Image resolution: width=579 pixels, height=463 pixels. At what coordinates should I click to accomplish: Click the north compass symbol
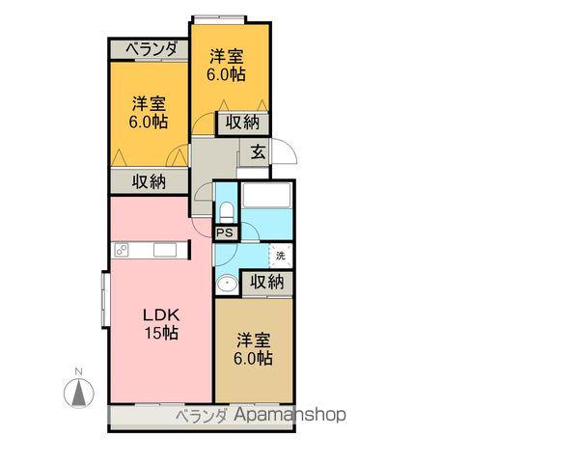click(x=78, y=391)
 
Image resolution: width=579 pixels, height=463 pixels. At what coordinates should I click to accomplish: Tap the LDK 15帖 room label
click(x=161, y=324)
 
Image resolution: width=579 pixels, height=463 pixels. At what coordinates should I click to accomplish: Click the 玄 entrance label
click(x=258, y=150)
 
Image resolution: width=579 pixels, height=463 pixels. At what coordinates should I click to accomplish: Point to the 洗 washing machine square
click(x=280, y=256)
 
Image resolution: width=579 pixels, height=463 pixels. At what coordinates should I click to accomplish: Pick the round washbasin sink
click(x=228, y=285)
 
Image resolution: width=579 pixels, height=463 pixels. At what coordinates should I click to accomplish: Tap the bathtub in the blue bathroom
click(x=266, y=194)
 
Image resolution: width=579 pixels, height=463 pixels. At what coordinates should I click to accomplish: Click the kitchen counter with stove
click(x=149, y=251)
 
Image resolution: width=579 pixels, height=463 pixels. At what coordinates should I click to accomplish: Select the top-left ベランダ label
click(x=151, y=49)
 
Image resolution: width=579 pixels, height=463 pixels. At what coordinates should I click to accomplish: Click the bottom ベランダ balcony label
click(x=201, y=416)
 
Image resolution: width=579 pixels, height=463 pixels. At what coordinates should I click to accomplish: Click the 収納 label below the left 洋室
click(x=148, y=180)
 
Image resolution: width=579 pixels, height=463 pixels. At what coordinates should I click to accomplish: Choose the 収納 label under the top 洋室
click(x=242, y=122)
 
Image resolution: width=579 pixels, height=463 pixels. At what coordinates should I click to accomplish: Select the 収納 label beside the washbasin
click(x=267, y=282)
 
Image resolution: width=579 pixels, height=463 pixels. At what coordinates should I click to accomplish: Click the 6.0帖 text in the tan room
click(x=252, y=358)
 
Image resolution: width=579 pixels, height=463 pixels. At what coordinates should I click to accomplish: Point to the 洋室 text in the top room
click(x=230, y=55)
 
